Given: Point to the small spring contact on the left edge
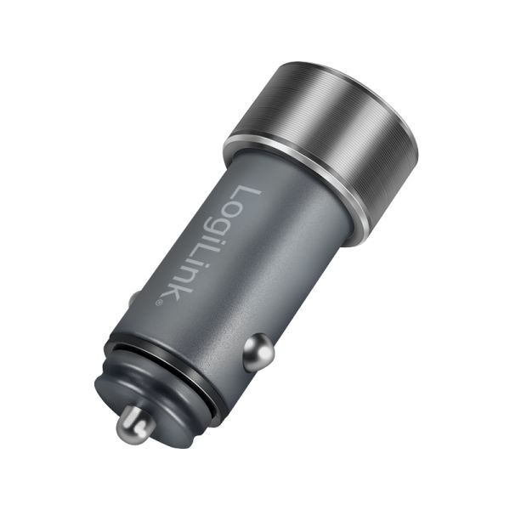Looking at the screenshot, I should (x=133, y=299).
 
